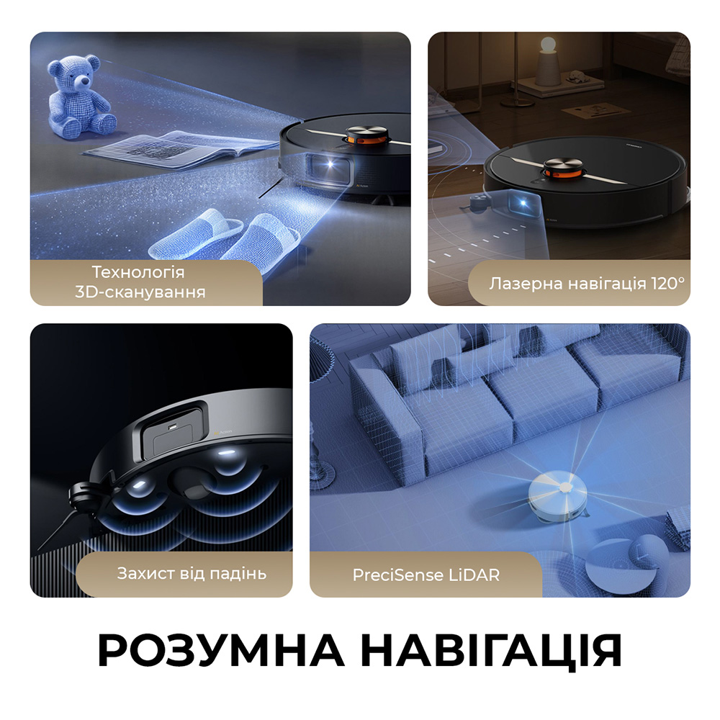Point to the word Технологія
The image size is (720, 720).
(x=139, y=273)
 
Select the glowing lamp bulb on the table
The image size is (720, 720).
(x=548, y=45)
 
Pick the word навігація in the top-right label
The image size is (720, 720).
(x=600, y=283)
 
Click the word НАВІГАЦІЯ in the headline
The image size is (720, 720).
(x=490, y=651)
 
